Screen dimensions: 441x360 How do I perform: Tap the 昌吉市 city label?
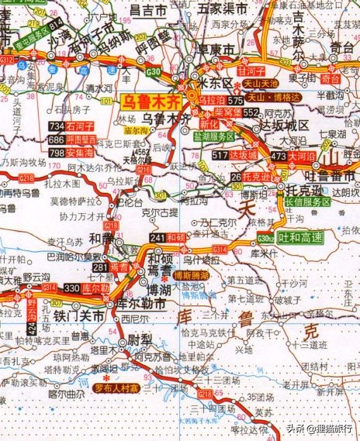(x=147, y=10)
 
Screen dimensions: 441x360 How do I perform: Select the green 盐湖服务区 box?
(x=214, y=136)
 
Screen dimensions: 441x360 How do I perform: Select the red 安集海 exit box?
(x=83, y=153)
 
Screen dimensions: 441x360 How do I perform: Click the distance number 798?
(x=56, y=153)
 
